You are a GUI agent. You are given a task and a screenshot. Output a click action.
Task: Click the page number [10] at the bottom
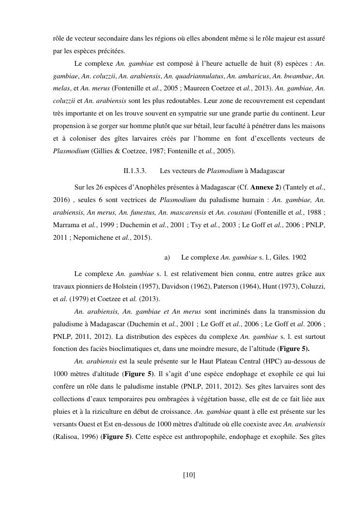click(x=189, y=475)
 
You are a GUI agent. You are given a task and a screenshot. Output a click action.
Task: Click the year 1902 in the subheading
click(x=300, y=258)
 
